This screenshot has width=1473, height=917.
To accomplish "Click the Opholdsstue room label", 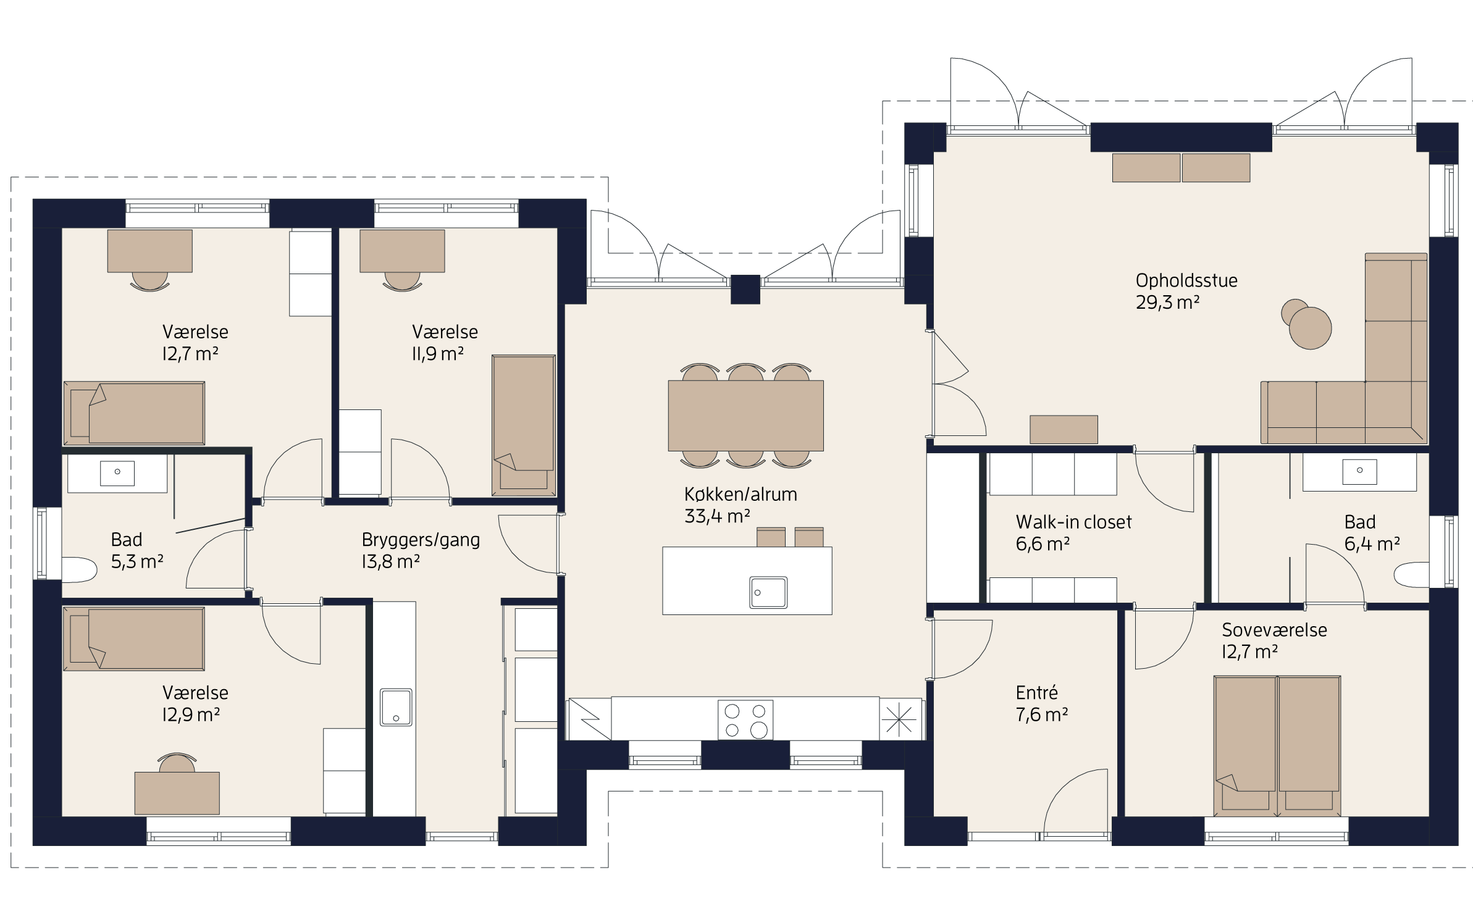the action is click(1186, 281).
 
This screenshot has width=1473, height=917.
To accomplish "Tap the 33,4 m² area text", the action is click(717, 516).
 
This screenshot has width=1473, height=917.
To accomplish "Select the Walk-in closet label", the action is click(1073, 522).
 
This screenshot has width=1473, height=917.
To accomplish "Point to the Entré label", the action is click(1037, 692).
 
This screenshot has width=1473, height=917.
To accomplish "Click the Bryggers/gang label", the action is click(421, 540).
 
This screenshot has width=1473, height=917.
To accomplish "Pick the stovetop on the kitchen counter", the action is click(745, 719).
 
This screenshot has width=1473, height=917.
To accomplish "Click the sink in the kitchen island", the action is click(768, 593).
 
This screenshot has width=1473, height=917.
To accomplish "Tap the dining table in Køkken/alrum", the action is click(745, 416).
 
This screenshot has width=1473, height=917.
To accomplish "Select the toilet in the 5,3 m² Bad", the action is click(79, 570).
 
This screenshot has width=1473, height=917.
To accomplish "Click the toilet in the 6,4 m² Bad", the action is click(1412, 575).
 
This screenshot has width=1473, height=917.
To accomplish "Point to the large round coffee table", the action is click(1311, 328).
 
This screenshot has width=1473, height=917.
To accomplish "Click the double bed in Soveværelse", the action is click(1277, 746).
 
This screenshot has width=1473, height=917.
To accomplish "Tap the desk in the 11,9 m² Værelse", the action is click(402, 251).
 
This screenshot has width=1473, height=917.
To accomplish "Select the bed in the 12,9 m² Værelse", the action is click(134, 639).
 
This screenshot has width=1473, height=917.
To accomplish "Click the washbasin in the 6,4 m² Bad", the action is click(1359, 472).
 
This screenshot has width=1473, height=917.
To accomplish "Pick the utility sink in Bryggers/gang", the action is click(396, 707).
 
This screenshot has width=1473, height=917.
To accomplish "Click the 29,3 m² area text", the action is click(1167, 303).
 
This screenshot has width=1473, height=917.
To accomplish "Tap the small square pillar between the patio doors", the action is click(745, 290).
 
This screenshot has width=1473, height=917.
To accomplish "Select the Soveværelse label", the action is click(1274, 630).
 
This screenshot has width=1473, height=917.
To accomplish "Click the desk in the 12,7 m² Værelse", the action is click(150, 251).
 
